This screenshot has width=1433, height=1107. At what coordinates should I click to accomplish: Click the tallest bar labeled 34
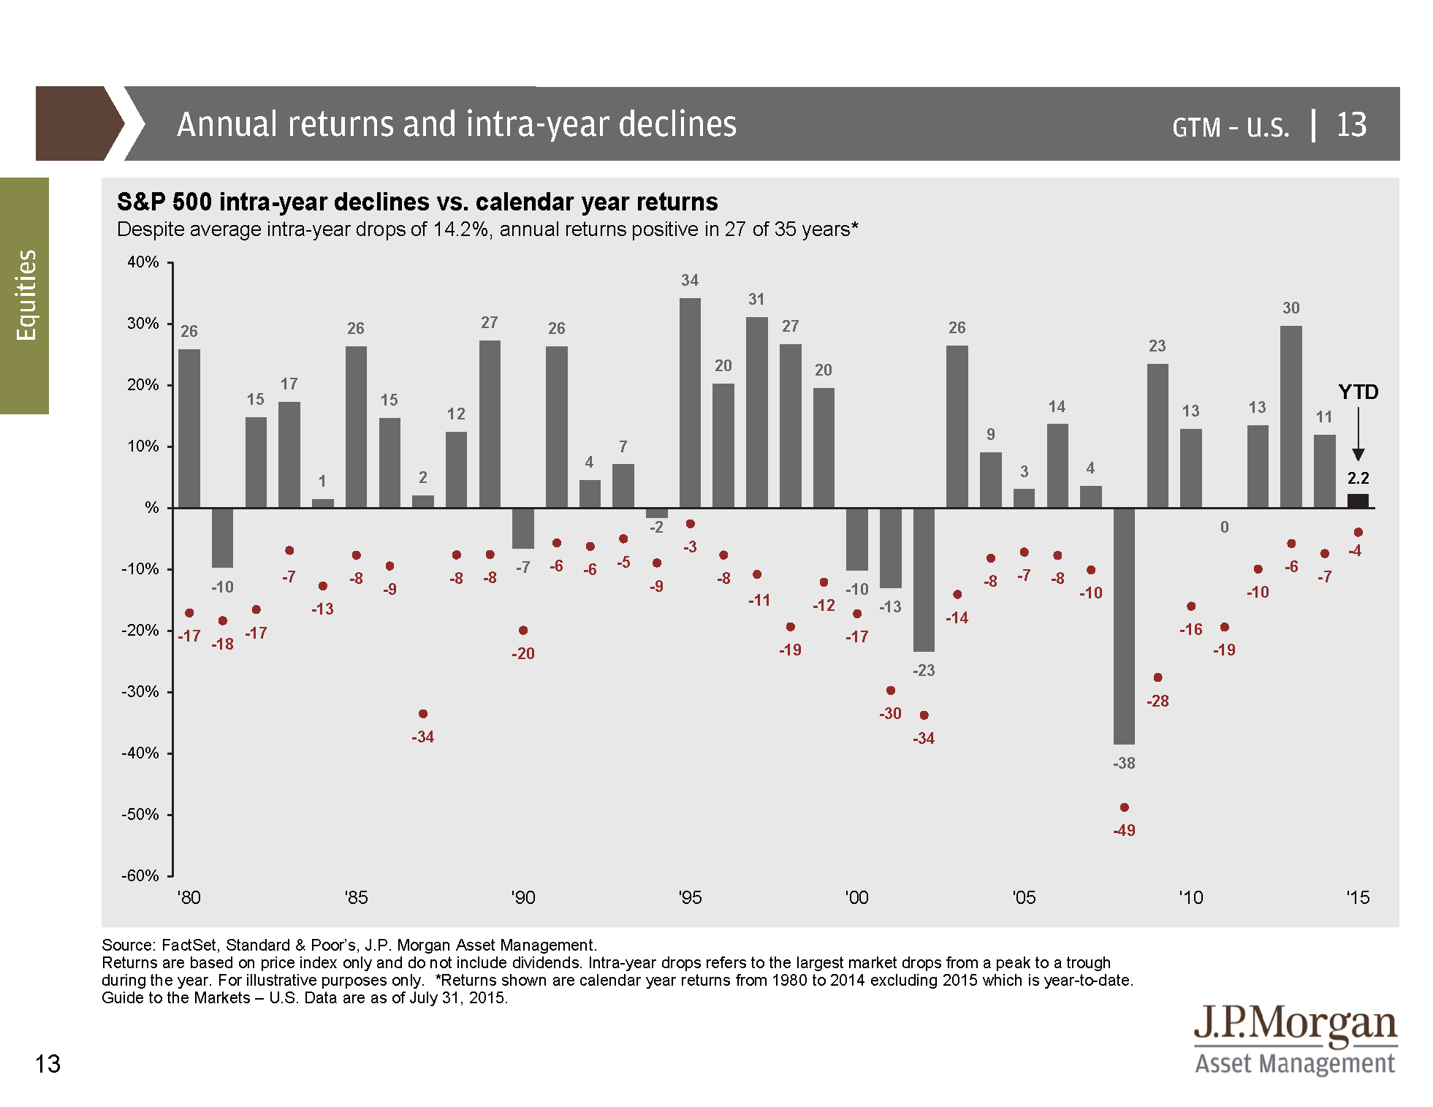[x=690, y=402]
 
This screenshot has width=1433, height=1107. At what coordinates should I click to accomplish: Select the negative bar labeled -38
[x=1124, y=625]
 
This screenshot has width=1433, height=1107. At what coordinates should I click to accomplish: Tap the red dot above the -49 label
[x=1124, y=807]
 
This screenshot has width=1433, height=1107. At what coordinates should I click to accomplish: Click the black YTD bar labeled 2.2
[x=1358, y=501]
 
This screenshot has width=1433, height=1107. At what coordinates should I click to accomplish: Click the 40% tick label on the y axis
[x=143, y=262]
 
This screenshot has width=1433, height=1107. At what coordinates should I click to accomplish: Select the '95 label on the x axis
[x=690, y=898]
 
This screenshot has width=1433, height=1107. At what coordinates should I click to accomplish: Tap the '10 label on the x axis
[x=1190, y=898]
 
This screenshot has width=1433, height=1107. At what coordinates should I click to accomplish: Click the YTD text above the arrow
[x=1358, y=392]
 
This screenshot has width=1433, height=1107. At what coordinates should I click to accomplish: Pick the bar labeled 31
[x=756, y=412]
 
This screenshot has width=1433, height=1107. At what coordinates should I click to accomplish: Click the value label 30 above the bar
[x=1291, y=308]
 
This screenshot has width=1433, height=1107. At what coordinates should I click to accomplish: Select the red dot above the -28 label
[x=1158, y=677]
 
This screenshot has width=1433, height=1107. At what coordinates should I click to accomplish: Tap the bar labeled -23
[x=924, y=579]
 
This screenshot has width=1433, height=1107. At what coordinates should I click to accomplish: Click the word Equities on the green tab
[x=26, y=295]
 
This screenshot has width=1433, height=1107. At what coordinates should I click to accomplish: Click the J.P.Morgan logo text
[x=1295, y=1024]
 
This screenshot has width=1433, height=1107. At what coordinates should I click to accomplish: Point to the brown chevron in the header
[x=77, y=123]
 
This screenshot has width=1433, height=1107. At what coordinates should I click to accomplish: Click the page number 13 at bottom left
[x=47, y=1064]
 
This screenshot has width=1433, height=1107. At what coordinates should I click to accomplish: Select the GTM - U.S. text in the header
[x=1231, y=127]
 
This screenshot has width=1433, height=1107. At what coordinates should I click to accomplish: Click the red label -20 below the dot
[x=523, y=654]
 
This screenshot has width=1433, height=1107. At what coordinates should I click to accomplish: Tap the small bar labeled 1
[x=322, y=503]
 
